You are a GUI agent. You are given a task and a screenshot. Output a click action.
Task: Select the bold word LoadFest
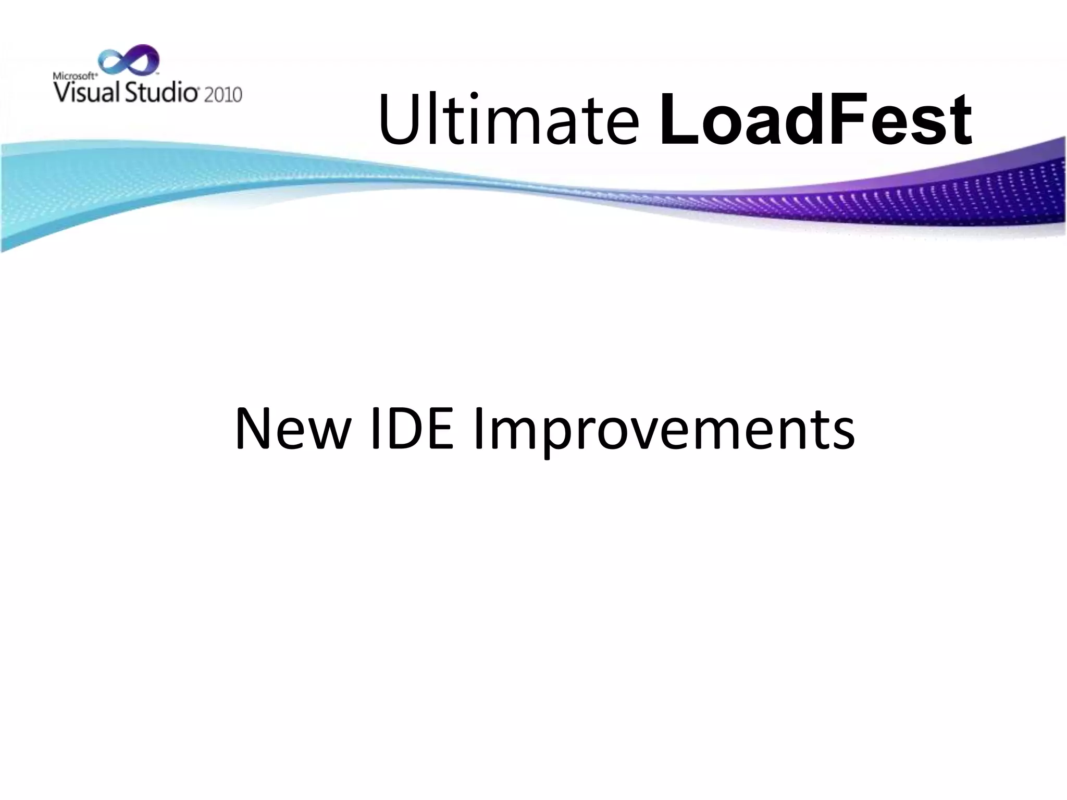[815, 121]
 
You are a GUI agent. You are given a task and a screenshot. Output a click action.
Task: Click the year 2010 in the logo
[223, 94]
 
